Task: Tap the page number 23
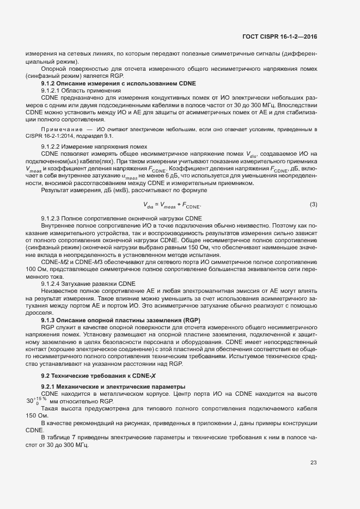pos(314,463)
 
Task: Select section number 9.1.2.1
pos(53,90)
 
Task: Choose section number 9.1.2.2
pos(53,148)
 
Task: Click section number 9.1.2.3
pos(53,218)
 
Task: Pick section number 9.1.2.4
pos(53,284)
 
